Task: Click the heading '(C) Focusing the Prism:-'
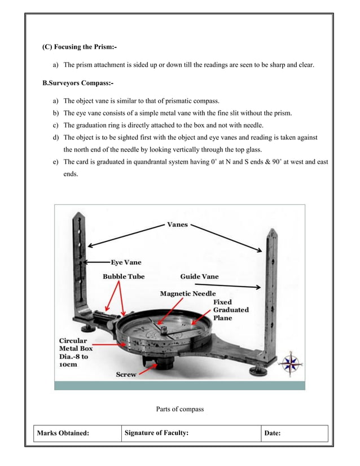(80, 46)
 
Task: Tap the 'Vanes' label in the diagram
(177, 225)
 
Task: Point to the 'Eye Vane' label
(126, 262)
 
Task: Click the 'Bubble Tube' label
(123, 276)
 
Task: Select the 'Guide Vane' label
(199, 276)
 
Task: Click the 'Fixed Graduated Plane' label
(230, 310)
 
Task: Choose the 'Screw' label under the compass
(126, 374)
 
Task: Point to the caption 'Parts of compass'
(179, 409)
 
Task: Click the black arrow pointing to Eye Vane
(96, 262)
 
